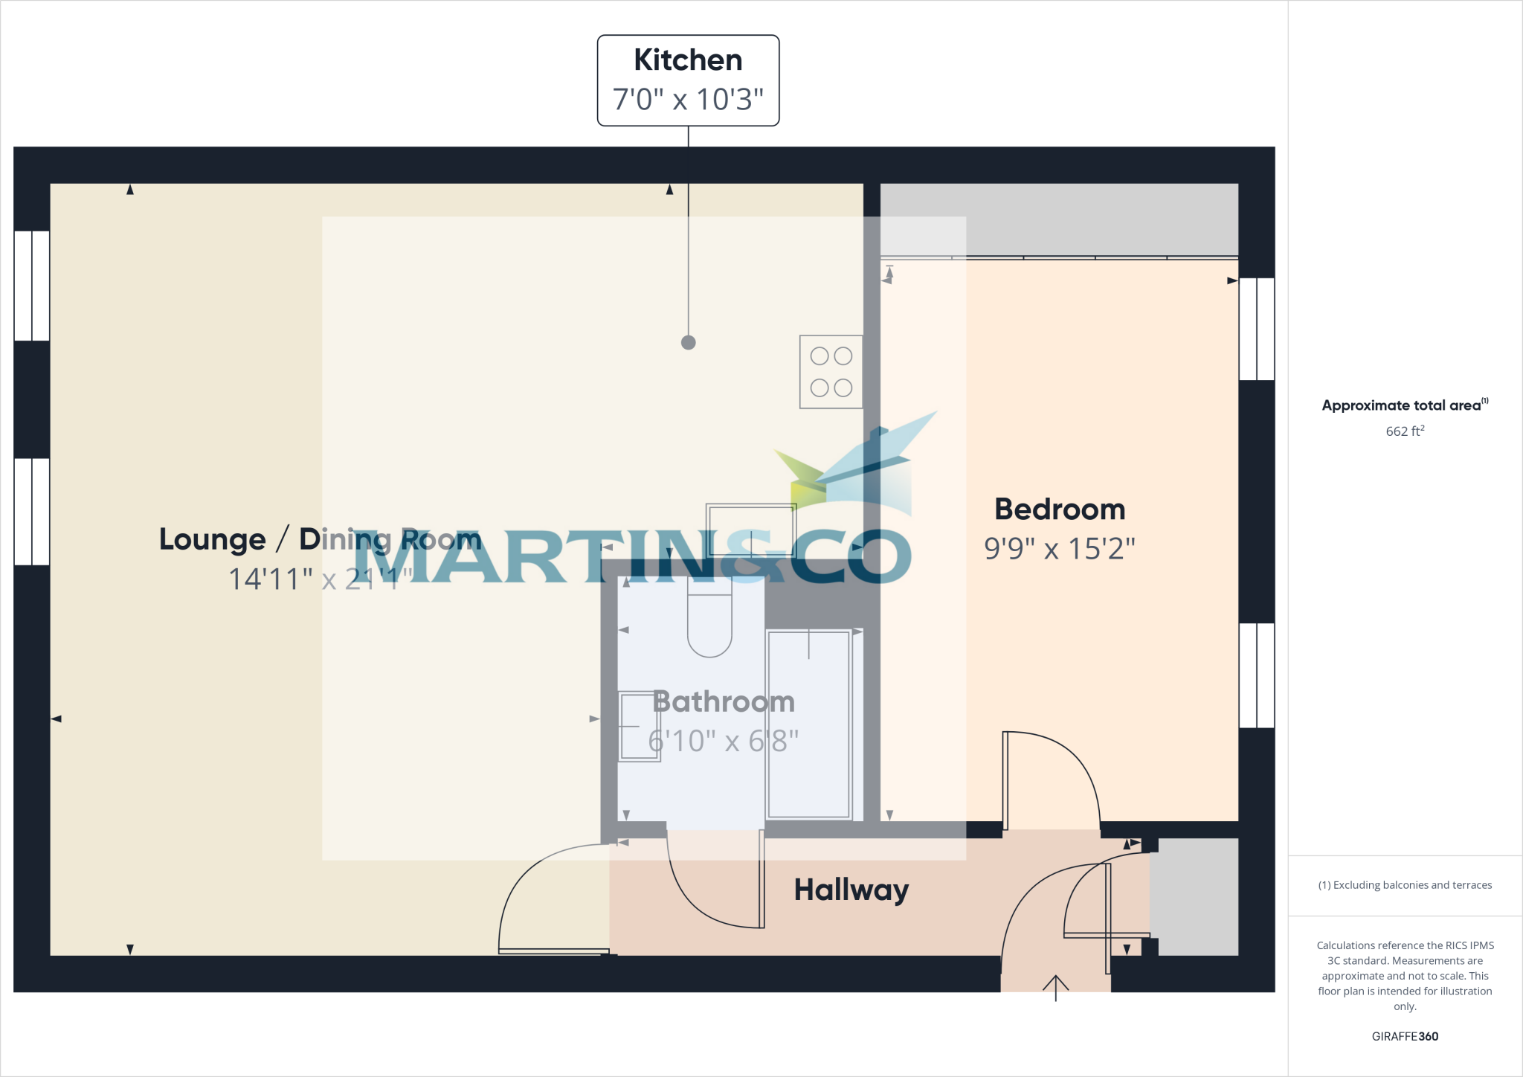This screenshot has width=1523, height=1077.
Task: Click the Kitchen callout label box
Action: point(688,80)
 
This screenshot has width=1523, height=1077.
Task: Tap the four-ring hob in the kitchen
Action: point(831,372)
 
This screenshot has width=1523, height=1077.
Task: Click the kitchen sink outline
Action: point(751,530)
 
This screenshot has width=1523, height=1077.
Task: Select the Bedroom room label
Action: point(1060,509)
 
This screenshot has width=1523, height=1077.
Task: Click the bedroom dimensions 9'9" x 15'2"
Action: point(1060,549)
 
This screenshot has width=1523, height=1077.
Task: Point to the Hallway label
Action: point(851,890)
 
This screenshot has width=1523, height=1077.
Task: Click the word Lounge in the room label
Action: point(212,539)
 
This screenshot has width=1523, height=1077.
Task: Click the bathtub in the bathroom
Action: point(808,724)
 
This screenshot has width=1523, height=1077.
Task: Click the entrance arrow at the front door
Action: point(1055,987)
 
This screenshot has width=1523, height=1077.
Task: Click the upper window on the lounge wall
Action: point(32,286)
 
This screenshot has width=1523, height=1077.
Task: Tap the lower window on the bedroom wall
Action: point(1257,675)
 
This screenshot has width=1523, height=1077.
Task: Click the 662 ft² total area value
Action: point(1405,431)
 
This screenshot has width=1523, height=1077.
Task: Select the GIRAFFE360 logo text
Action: point(1405,1036)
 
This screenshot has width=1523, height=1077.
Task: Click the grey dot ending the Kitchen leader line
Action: point(689,342)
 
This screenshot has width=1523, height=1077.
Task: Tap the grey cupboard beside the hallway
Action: point(1197,897)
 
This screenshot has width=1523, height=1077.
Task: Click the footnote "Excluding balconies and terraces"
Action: point(1405,885)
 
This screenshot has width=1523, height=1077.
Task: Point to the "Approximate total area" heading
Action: point(1403,405)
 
